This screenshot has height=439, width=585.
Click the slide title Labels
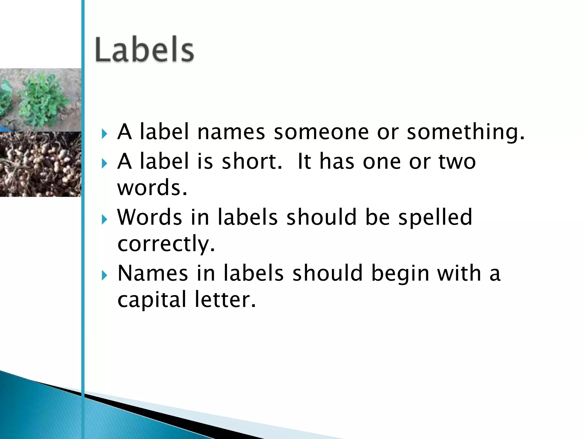(145, 49)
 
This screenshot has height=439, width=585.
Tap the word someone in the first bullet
(321, 132)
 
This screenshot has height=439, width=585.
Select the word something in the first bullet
(466, 133)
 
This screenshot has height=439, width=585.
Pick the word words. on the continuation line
(152, 187)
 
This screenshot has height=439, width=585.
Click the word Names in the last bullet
(153, 273)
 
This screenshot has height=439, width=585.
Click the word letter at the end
(225, 300)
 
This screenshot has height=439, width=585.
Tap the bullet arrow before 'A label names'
(104, 133)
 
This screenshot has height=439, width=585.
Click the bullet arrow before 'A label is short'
(104, 163)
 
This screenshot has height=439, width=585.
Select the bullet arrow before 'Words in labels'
(104, 219)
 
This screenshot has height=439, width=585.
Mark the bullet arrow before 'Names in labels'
(104, 275)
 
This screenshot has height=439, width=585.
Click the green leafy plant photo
(40, 99)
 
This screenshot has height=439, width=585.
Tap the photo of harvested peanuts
(40, 164)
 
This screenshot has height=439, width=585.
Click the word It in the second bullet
(304, 161)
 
